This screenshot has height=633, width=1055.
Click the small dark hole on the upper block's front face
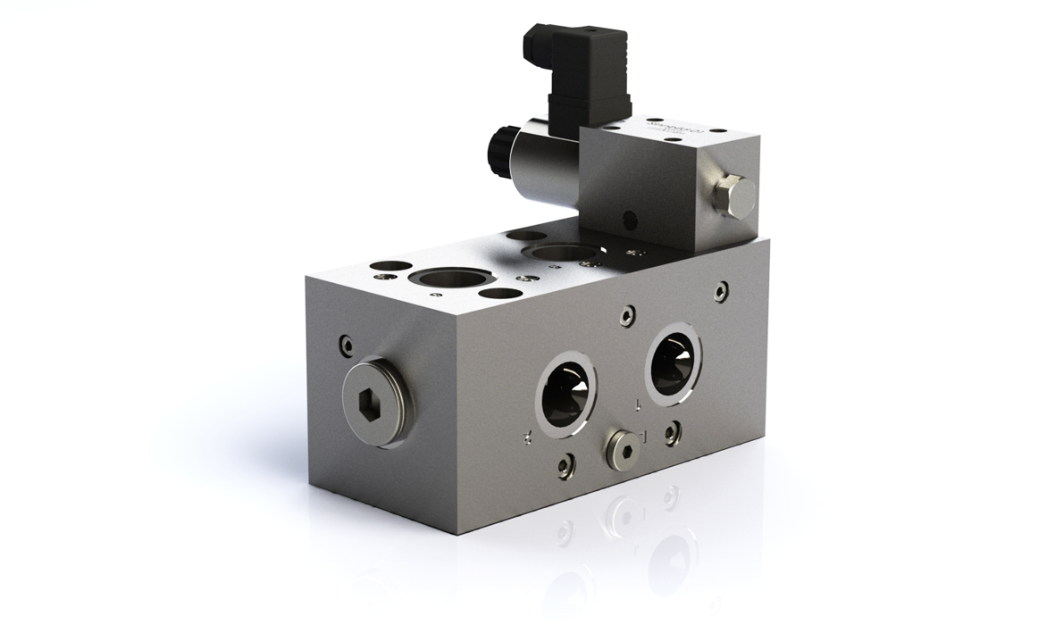point(632,217)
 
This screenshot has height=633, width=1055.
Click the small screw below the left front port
point(565,465)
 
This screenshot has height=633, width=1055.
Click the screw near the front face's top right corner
point(721,290)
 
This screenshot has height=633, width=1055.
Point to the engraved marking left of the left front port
point(528,436)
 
